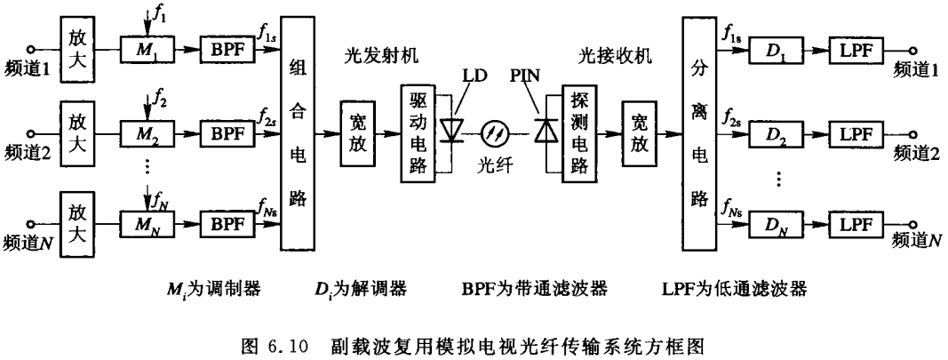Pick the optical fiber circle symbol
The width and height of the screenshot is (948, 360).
tap(496, 132)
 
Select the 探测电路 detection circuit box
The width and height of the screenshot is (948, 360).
tap(579, 133)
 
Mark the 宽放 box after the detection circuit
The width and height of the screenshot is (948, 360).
tap(640, 133)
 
